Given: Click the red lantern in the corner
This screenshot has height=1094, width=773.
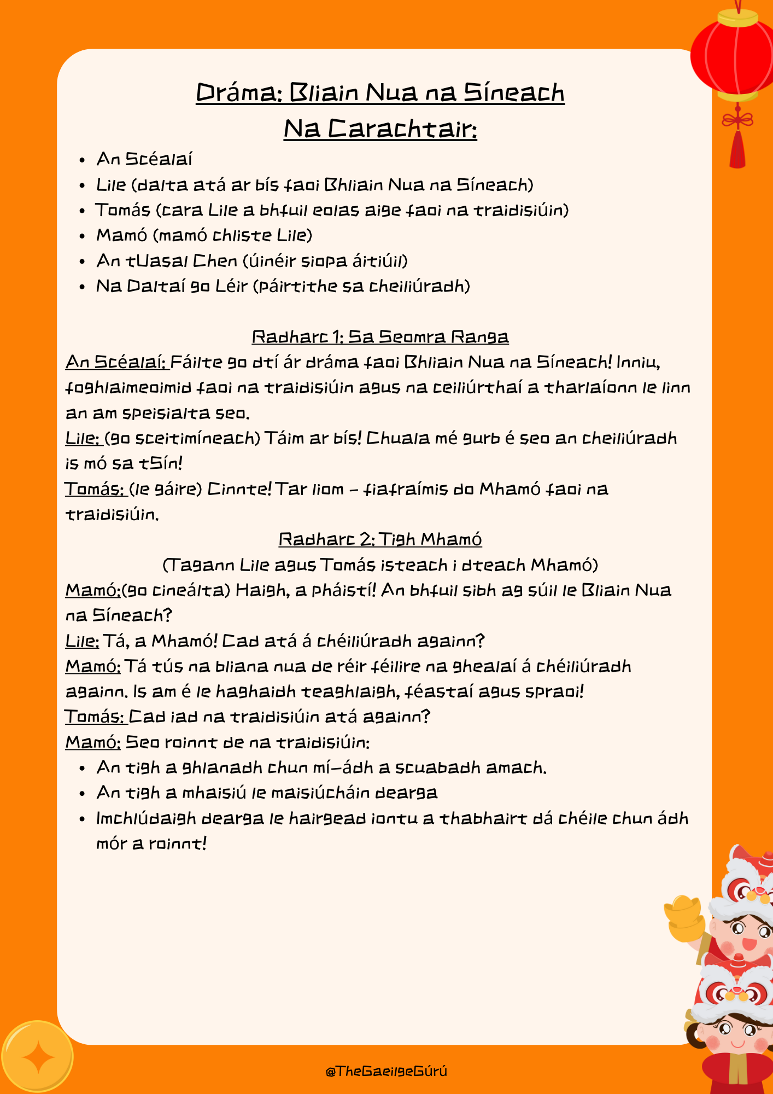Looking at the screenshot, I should click(733, 55).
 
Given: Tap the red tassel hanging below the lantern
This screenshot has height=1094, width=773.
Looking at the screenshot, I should click(737, 148).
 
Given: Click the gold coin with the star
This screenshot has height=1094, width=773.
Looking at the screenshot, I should click(37, 1057).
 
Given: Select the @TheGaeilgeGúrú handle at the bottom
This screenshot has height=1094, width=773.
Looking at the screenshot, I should click(386, 1071).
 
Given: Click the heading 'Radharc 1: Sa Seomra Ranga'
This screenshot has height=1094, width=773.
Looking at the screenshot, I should click(380, 336).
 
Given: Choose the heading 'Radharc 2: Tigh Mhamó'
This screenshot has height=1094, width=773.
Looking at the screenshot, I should click(380, 539).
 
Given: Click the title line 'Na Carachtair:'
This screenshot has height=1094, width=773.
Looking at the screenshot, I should click(380, 129).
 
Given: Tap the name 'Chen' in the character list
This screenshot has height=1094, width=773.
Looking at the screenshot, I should click(215, 261).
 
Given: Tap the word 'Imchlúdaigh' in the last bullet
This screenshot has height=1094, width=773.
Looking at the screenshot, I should click(146, 818).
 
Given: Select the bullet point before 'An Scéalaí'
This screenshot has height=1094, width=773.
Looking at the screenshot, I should click(82, 160).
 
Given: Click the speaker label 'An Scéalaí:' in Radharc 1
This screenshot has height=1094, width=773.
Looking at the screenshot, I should click(116, 362).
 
